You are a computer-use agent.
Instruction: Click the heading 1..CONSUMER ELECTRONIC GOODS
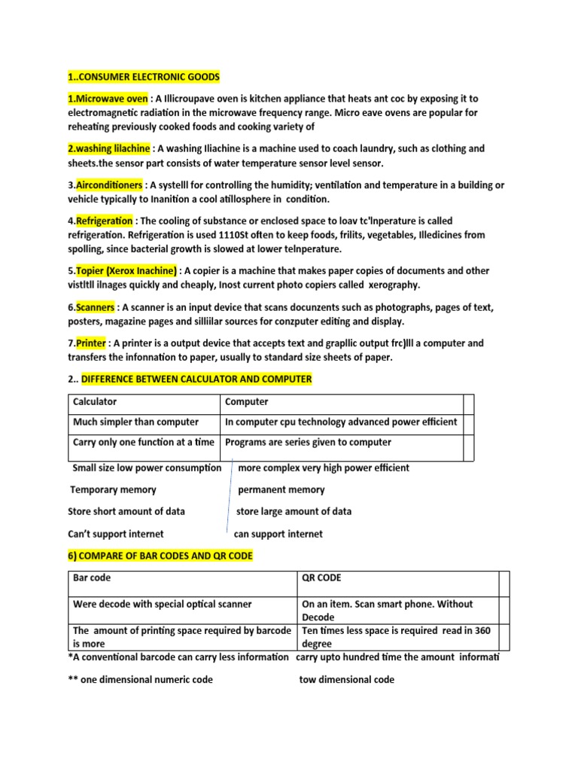(x=144, y=78)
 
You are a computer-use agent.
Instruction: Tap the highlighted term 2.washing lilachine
(x=109, y=148)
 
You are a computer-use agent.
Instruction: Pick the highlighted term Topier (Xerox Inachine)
(x=126, y=270)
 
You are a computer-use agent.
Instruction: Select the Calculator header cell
(x=95, y=401)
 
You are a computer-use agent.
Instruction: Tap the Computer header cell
(x=247, y=401)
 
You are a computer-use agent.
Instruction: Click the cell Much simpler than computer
(x=135, y=422)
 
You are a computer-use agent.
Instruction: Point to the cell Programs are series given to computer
(x=308, y=442)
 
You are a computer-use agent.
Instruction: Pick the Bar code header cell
(x=92, y=578)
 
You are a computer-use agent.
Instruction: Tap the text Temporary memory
(x=113, y=489)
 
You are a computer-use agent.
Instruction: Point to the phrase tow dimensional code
(x=346, y=679)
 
